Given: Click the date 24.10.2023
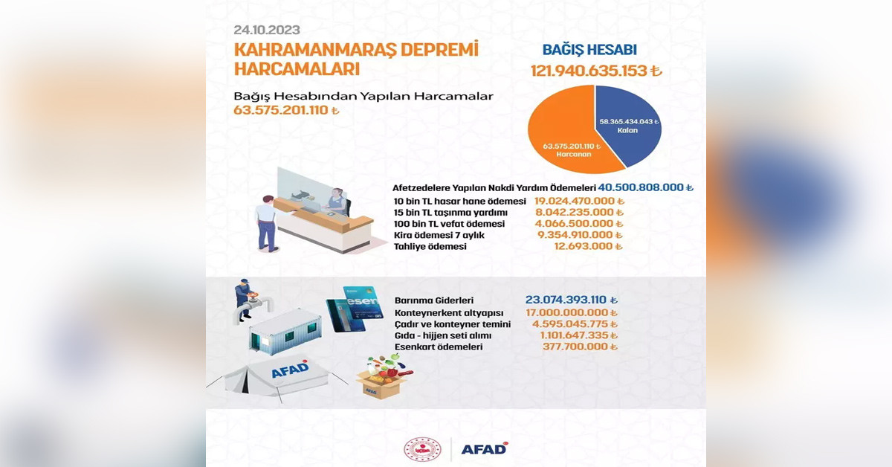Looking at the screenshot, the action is (267, 30).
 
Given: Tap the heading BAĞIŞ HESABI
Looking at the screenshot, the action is (589, 50).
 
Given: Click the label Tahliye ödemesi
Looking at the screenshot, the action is (430, 247).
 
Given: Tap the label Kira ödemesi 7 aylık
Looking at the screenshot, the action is (439, 235).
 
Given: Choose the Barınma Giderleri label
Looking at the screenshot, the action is (434, 300).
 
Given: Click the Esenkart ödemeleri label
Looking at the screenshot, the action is (439, 347).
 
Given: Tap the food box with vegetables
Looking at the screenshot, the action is (384, 376).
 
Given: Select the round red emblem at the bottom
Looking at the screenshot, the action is (422, 449).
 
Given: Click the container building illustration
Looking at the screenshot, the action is (285, 332).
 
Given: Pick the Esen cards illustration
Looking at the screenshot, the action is (355, 309).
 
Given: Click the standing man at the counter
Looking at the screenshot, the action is (267, 223).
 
